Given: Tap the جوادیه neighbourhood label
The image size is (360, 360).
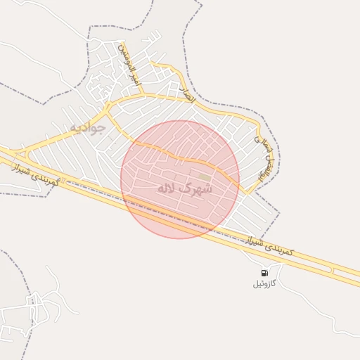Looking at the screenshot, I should click(x=86, y=128).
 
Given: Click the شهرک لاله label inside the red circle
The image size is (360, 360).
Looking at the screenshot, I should click(x=185, y=188).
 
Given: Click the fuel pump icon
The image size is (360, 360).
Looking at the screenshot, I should click(x=264, y=273).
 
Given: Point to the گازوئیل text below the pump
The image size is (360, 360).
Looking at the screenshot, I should click(x=264, y=283).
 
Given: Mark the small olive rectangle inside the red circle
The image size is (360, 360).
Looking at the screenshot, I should click(x=204, y=176).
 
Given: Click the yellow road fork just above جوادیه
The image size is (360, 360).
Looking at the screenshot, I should click(x=108, y=111).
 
